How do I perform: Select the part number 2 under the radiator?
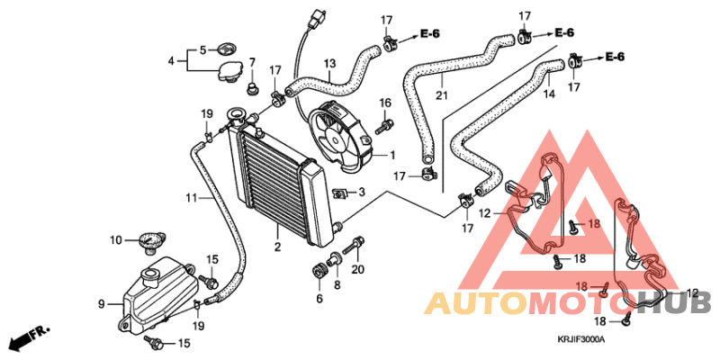click(278, 247)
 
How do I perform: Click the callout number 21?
click(441, 95)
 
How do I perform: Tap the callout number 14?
click(547, 93)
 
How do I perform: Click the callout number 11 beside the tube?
click(191, 197)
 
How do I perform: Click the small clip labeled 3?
click(340, 192)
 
